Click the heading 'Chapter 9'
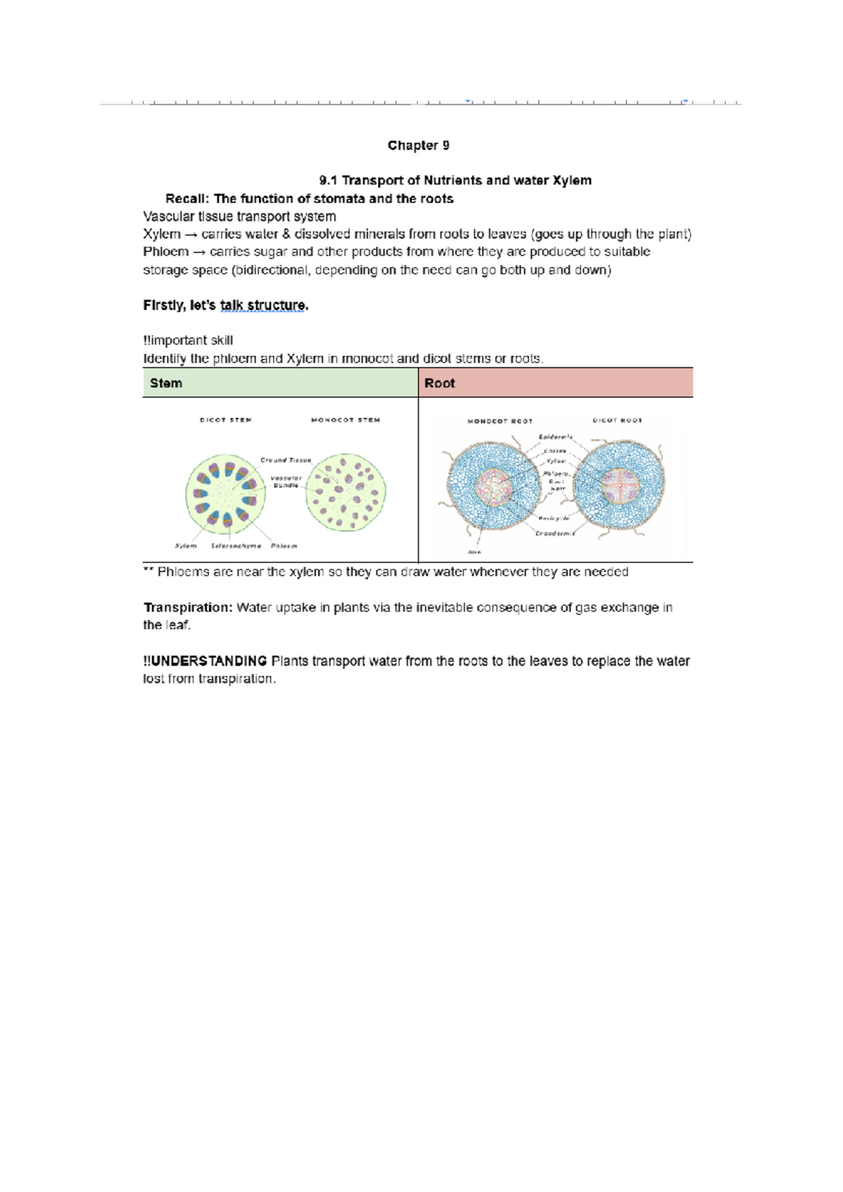pyautogui.click(x=418, y=145)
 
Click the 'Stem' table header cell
pyautogui.click(x=166, y=383)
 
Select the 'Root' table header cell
pyautogui.click(x=439, y=383)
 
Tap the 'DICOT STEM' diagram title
pyautogui.click(x=226, y=420)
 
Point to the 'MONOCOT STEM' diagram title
pyautogui.click(x=346, y=420)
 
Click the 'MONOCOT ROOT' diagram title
pyautogui.click(x=500, y=421)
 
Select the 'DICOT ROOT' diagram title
pyautogui.click(x=617, y=420)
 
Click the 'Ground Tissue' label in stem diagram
pyautogui.click(x=285, y=460)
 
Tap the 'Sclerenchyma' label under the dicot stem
pyautogui.click(x=236, y=545)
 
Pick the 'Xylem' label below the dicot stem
pyautogui.click(x=185, y=545)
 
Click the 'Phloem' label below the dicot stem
pyautogui.click(x=284, y=545)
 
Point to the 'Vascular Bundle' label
pyautogui.click(x=286, y=481)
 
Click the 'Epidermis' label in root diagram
pyautogui.click(x=556, y=437)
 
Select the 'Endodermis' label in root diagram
pyautogui.click(x=555, y=533)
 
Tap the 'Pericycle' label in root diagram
pyautogui.click(x=554, y=518)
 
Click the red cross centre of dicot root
pyautogui.click(x=619, y=486)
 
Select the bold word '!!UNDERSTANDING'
pyautogui.click(x=205, y=661)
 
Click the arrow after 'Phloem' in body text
pyautogui.click(x=199, y=252)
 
